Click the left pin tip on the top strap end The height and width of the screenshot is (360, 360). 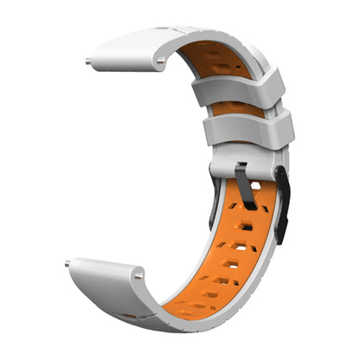pyautogui.click(x=89, y=61)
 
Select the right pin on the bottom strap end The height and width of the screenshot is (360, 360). pyautogui.click(x=138, y=276)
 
